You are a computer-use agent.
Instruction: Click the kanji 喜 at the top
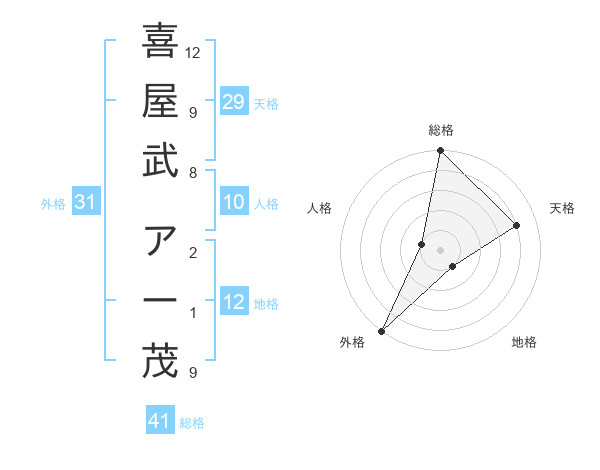click(161, 43)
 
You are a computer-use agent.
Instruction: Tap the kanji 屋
click(161, 102)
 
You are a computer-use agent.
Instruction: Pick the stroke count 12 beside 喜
click(194, 52)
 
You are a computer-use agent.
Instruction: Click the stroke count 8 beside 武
click(192, 172)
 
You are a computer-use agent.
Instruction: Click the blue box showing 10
click(234, 202)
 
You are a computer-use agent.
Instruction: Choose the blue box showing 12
click(234, 302)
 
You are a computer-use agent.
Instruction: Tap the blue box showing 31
click(86, 203)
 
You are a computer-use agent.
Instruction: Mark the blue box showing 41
click(160, 421)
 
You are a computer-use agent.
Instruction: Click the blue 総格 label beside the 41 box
click(192, 423)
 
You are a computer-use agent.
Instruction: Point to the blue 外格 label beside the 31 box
click(53, 204)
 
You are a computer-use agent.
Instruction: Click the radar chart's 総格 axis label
click(441, 130)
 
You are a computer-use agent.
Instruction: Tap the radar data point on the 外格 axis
click(382, 330)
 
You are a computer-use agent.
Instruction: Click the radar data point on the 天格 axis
click(517, 226)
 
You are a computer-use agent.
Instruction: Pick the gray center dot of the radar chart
click(441, 250)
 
